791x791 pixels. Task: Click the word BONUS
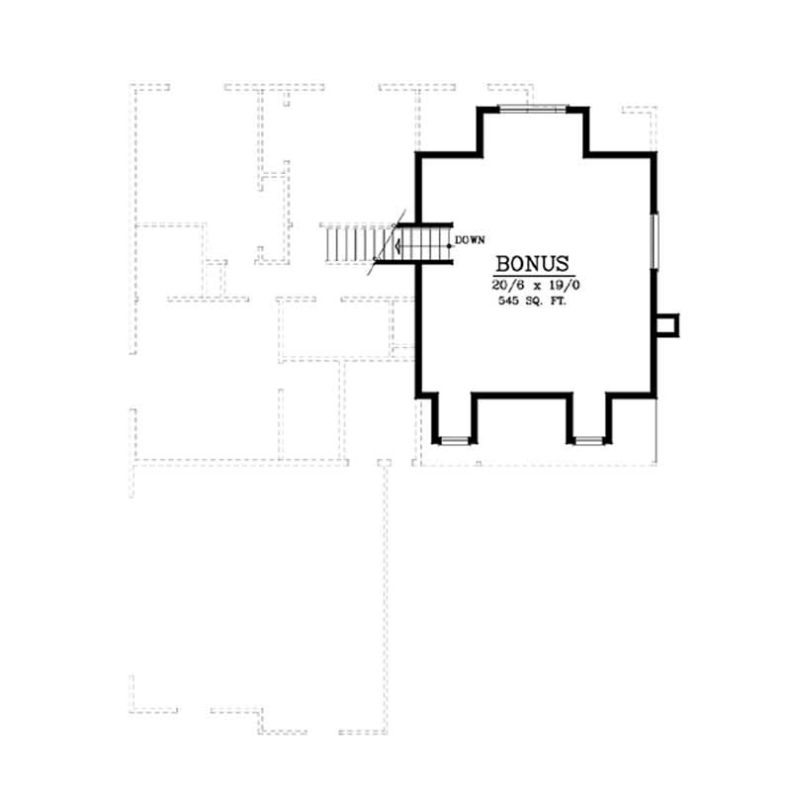click(533, 265)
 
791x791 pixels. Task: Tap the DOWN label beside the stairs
click(471, 240)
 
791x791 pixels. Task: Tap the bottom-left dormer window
click(454, 438)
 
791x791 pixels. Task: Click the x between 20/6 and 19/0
click(533, 285)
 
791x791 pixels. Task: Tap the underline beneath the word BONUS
click(533, 276)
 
